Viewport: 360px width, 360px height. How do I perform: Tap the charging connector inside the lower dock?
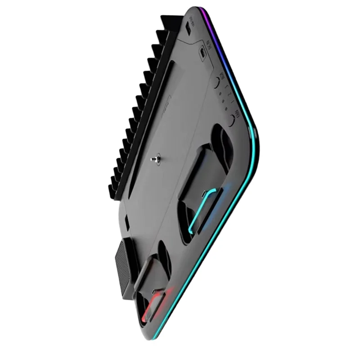(x=155, y=291)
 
